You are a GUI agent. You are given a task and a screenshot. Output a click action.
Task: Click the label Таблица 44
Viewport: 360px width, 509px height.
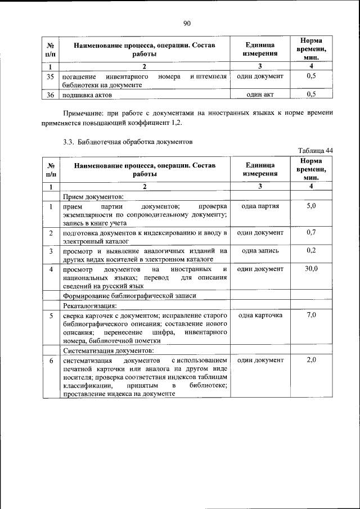pyautogui.click(x=316, y=150)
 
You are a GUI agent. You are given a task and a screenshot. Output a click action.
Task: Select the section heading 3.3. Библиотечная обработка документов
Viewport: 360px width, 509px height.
pyautogui.click(x=128, y=141)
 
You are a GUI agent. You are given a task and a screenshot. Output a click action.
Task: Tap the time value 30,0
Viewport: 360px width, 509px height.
pyautogui.click(x=311, y=269)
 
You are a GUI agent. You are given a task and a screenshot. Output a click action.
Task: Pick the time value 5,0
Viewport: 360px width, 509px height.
pyautogui.click(x=311, y=206)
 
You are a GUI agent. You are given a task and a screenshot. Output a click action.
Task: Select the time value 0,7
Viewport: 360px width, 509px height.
pyautogui.click(x=311, y=232)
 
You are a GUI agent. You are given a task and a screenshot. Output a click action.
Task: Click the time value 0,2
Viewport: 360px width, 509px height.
pyautogui.click(x=311, y=250)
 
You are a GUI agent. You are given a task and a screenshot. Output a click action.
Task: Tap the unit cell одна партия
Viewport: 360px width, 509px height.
pyautogui.click(x=260, y=206)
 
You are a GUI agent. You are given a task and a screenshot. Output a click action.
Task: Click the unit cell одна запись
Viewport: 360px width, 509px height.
pyautogui.click(x=260, y=250)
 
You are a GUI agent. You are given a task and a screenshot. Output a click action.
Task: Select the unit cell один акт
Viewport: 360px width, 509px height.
pyautogui.click(x=260, y=94)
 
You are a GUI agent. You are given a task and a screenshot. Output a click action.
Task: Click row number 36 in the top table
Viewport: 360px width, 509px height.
pyautogui.click(x=51, y=94)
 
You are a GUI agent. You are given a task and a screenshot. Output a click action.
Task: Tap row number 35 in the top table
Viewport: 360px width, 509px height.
pyautogui.click(x=51, y=76)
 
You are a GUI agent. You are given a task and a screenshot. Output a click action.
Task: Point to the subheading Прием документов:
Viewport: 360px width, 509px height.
pyautogui.click(x=89, y=196)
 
